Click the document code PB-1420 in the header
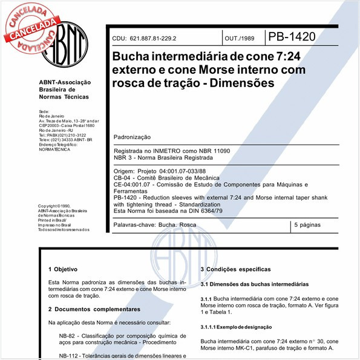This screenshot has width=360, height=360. point(291,37)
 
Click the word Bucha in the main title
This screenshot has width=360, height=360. point(131,57)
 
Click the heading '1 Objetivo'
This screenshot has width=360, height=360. point(62,269)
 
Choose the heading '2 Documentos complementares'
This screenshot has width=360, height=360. point(90,309)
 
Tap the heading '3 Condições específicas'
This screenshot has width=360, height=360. point(235,269)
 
